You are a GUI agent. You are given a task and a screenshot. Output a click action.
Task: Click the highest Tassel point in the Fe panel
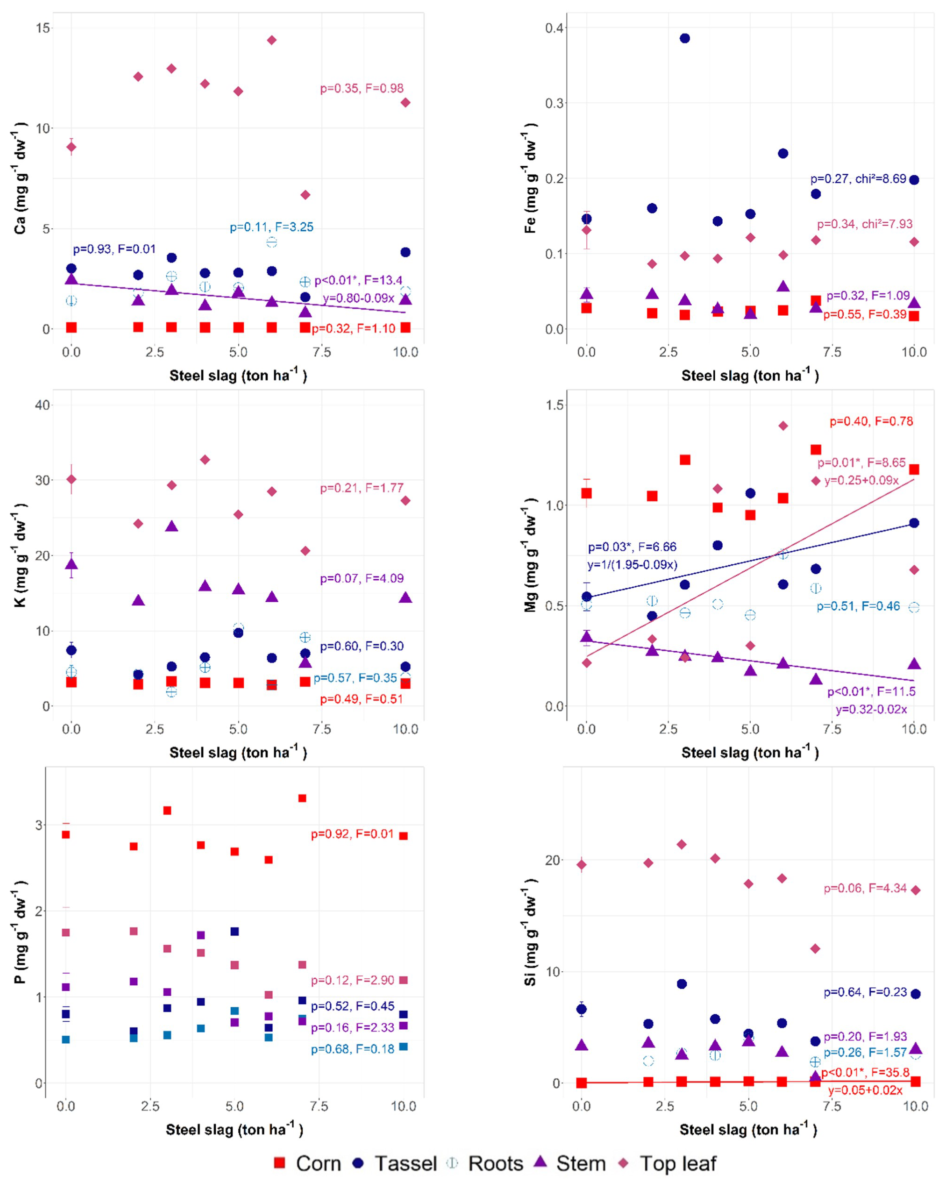684,38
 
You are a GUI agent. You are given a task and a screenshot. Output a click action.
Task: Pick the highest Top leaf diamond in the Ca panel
272,40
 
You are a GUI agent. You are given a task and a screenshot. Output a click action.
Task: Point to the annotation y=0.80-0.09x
359,298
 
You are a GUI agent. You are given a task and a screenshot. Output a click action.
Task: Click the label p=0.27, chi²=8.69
858,179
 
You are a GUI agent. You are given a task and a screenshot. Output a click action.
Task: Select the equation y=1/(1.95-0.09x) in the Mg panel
632,564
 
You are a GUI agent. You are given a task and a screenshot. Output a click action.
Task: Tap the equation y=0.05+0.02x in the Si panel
865,1090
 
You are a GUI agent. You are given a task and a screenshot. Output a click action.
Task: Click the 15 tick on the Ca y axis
42,28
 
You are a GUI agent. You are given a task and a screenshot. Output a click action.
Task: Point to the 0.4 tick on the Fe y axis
555,28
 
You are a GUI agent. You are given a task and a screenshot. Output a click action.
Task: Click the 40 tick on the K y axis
42,405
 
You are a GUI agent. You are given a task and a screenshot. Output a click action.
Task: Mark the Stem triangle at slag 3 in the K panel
171,526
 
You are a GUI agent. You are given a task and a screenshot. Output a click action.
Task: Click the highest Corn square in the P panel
302,798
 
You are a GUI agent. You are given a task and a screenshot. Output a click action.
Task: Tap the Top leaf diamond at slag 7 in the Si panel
815,948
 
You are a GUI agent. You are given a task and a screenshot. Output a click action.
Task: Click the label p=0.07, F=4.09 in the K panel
362,578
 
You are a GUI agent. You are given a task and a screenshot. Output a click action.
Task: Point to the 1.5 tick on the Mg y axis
555,405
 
